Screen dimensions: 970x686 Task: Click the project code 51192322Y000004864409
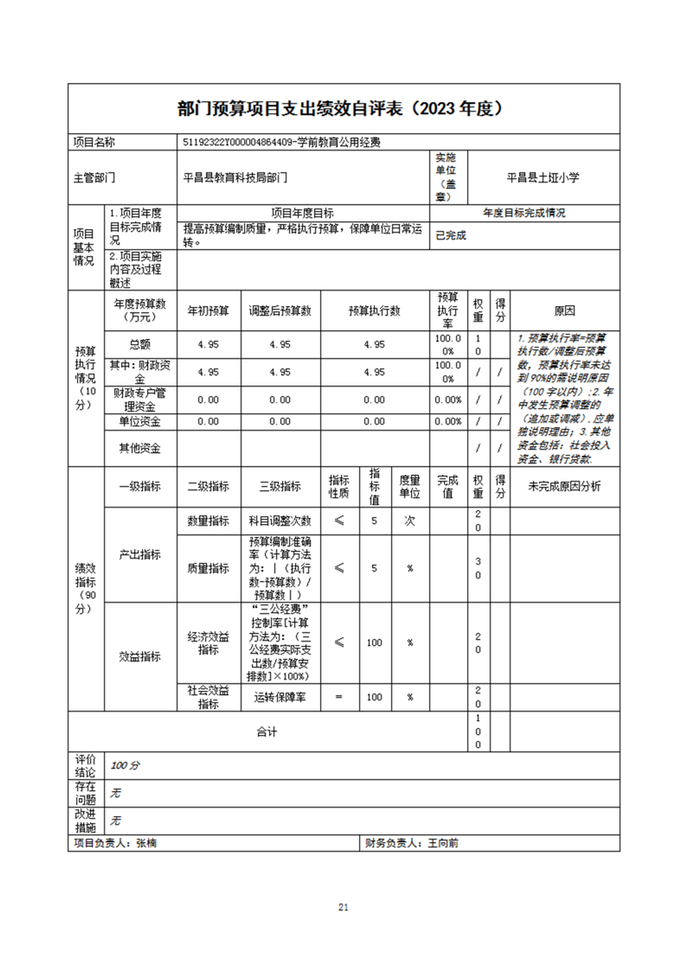239,142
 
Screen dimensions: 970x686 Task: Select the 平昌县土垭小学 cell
543,177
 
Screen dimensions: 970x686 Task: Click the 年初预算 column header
208,311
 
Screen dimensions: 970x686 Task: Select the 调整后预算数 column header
279,311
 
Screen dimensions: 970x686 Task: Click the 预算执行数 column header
374,311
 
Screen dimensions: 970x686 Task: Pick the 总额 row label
140,344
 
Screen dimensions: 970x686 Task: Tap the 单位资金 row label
140,422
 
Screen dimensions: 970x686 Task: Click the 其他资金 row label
140,448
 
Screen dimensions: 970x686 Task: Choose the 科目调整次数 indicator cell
279,521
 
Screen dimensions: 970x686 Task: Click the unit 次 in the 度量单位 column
409,521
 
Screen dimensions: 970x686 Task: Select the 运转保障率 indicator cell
279,697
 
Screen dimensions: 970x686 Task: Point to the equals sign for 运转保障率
339,697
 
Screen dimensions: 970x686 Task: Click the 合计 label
266,732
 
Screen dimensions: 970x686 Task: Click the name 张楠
147,843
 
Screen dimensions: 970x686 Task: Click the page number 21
343,907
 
